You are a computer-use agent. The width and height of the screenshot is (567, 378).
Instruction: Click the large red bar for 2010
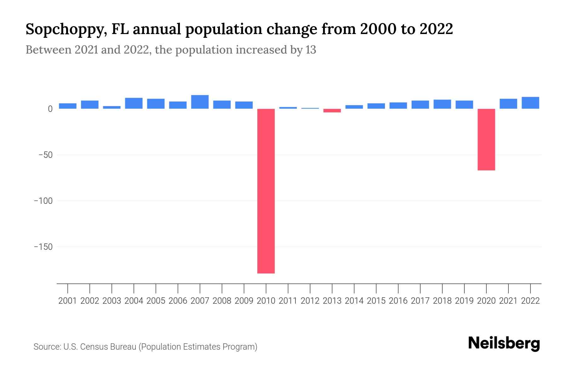click(x=266, y=191)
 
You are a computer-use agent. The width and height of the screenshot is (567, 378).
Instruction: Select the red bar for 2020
click(x=486, y=140)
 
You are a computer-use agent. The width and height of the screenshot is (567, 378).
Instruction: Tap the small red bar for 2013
click(x=332, y=111)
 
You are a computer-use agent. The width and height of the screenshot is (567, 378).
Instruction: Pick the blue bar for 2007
click(x=200, y=102)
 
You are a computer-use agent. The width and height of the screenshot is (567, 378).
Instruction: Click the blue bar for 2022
click(x=530, y=103)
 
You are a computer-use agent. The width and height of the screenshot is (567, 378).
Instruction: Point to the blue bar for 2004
click(x=134, y=103)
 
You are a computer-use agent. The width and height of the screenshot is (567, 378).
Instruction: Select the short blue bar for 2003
click(x=112, y=107)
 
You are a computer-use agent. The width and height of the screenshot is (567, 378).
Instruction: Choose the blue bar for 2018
click(x=442, y=104)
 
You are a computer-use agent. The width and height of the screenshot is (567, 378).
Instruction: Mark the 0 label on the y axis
click(x=50, y=109)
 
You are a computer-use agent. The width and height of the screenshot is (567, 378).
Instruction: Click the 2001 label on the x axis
click(x=67, y=301)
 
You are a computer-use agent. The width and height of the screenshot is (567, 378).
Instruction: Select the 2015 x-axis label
click(x=376, y=301)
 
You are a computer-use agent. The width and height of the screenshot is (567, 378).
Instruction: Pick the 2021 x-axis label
click(x=508, y=301)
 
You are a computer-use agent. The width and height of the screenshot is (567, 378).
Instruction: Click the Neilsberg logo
click(x=504, y=343)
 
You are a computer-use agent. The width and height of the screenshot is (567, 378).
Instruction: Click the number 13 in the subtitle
click(x=311, y=50)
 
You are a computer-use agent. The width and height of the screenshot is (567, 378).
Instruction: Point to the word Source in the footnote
click(x=47, y=347)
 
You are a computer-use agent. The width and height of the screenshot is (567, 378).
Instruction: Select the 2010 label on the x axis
click(x=266, y=301)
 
